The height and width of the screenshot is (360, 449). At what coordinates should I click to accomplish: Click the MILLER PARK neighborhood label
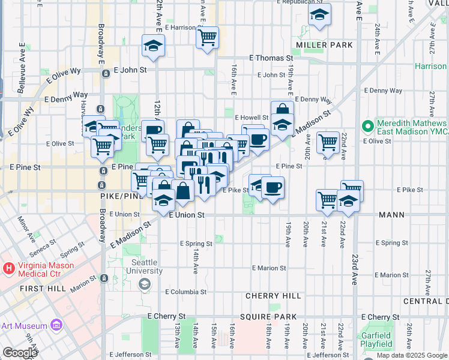pyautogui.click(x=316, y=46)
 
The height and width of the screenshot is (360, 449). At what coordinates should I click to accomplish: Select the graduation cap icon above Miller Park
pyautogui.click(x=319, y=16)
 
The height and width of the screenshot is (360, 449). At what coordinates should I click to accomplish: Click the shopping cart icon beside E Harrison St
pyautogui.click(x=207, y=38)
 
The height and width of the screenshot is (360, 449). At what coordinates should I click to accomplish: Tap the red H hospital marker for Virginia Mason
pyautogui.click(x=9, y=267)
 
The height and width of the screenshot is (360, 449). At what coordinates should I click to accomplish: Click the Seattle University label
pyautogui.click(x=144, y=267)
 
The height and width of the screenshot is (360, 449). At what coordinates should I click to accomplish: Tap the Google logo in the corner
pyautogui.click(x=19, y=352)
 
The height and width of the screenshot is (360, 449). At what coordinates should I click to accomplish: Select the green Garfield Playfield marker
pyautogui.click(x=368, y=344)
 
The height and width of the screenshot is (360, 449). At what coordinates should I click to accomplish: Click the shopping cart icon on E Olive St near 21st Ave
pyautogui.click(x=328, y=143)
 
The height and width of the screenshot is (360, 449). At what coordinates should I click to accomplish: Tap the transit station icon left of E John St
pyautogui.click(x=106, y=74)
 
